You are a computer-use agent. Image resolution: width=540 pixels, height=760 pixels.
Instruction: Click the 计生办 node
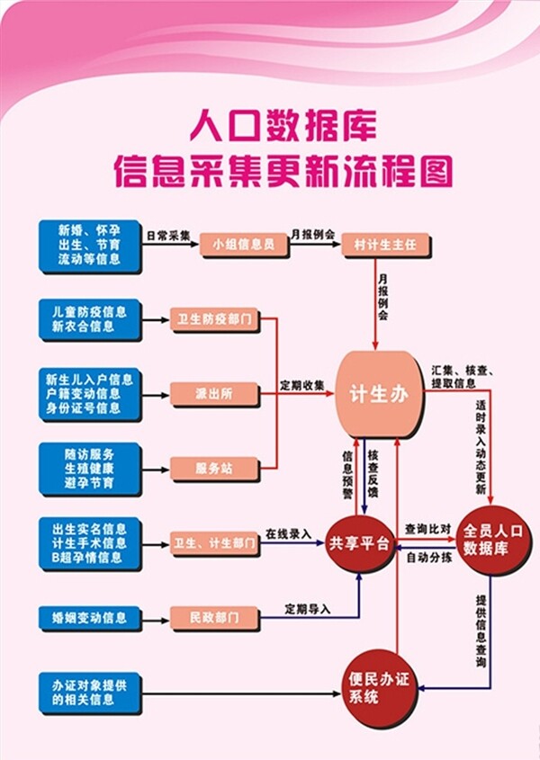point(379,394)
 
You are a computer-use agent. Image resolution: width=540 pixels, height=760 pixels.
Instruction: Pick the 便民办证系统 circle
point(379,688)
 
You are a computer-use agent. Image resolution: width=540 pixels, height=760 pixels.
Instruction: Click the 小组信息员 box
point(243,244)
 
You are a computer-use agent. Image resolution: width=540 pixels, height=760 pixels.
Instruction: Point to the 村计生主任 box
point(387,244)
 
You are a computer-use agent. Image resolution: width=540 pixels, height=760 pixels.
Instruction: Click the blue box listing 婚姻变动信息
point(89,618)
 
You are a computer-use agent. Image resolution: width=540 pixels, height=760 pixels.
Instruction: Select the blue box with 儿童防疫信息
point(89,319)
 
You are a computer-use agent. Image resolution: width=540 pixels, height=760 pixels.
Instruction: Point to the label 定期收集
point(301,385)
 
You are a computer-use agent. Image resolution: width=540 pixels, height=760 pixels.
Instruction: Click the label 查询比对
point(427,529)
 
